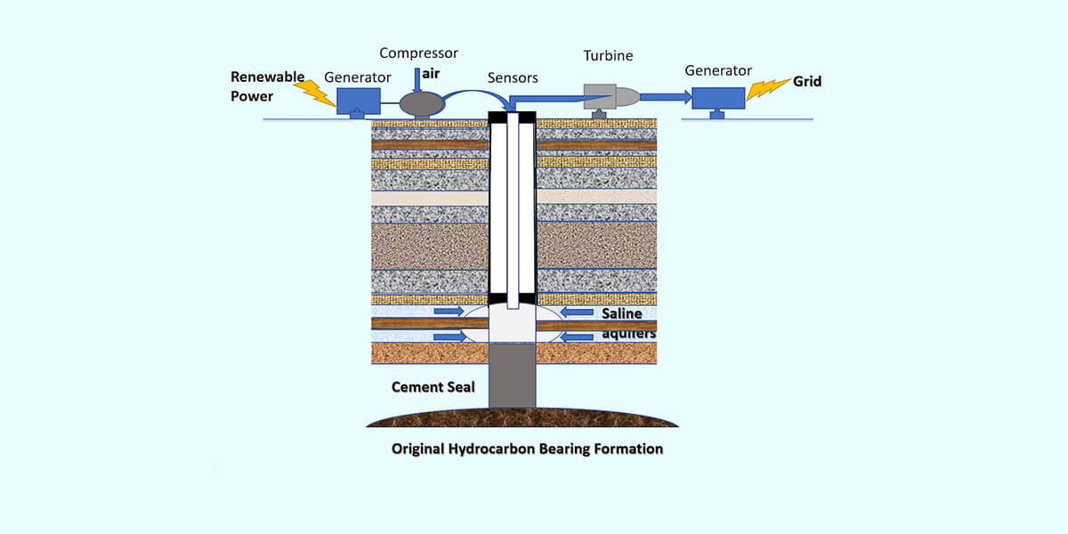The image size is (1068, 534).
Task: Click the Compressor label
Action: (418, 53)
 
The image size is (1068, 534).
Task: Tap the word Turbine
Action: (609, 56)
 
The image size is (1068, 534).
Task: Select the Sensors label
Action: (513, 77)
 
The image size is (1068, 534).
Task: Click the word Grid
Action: (807, 82)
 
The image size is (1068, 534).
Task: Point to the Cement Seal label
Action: (433, 387)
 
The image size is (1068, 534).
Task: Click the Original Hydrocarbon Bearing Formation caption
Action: (527, 449)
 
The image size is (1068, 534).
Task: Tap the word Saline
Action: (622, 313)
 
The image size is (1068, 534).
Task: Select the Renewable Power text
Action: (268, 86)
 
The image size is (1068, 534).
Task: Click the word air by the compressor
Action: (431, 74)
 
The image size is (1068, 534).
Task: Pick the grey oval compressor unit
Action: (422, 104)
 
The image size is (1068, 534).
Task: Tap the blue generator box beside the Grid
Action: (718, 98)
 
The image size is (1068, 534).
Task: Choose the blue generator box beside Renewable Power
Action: (359, 101)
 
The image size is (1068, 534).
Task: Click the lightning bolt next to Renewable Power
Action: (315, 93)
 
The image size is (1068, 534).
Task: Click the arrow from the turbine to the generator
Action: (666, 97)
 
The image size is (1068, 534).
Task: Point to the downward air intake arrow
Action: (417, 80)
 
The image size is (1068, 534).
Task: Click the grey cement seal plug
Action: (512, 376)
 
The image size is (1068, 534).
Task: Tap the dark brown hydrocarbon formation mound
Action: (522, 417)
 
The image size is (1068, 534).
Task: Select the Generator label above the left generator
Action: (358, 77)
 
